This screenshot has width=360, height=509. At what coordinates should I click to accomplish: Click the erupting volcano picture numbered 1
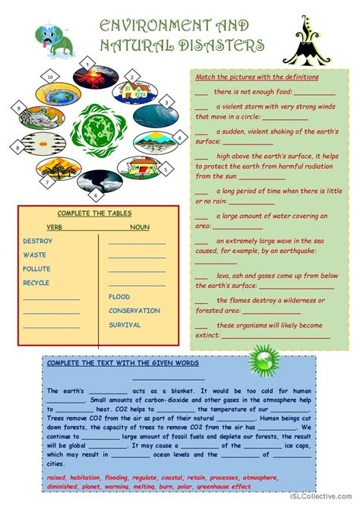coord(111,80)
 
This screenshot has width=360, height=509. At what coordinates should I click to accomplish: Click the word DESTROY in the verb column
coord(37,242)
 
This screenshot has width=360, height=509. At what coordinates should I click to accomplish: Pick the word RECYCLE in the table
coord(36,283)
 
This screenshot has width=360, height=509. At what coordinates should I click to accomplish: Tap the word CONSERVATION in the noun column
coord(134,311)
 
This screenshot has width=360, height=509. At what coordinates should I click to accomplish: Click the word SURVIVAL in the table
coord(125,324)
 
